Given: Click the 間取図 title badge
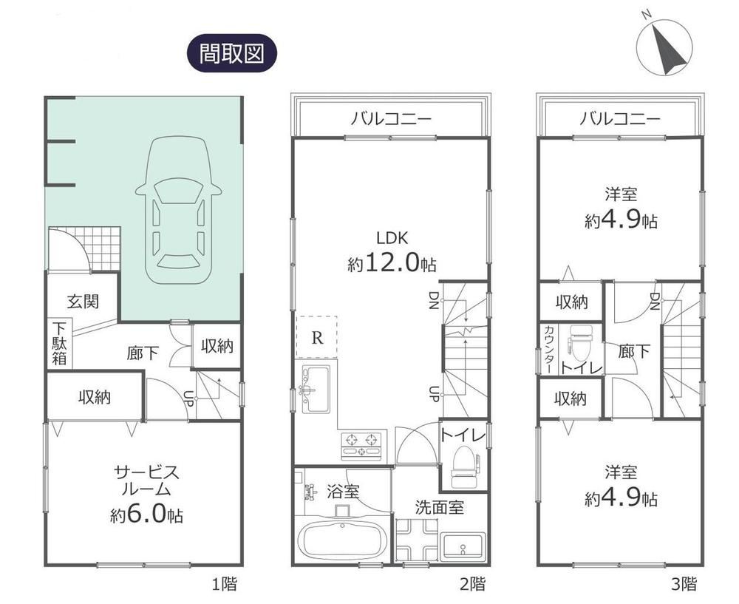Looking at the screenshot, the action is coord(232,52).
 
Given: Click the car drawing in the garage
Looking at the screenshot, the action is coord(178,210).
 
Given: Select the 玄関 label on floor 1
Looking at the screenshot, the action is coord(83,302).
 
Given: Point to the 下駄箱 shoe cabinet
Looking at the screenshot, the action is coord(59,343).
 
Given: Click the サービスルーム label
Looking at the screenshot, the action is coord(146,481).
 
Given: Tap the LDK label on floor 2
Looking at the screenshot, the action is coord(392,237).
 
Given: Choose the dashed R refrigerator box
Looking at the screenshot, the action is coord(317,336).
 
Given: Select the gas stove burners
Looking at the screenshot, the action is coord(361,446).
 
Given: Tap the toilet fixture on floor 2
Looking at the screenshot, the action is coord(464,467).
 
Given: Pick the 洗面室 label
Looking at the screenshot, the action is coord(439,507).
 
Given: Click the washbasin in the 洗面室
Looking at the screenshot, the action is coord(463,548).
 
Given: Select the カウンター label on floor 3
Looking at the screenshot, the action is coord(549,350).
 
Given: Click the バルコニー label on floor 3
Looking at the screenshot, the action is coord(619,118).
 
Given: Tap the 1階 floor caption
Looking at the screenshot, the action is coord(224,585).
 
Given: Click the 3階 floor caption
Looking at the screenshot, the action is coord(684,584).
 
